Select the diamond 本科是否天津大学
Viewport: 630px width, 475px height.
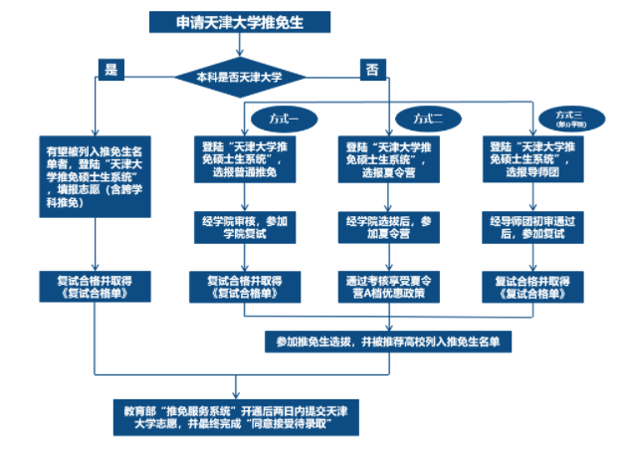239,75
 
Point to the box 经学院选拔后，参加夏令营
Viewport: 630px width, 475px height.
386,227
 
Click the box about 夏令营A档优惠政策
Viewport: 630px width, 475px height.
386,288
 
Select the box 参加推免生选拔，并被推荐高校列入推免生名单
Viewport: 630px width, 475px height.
386,341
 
